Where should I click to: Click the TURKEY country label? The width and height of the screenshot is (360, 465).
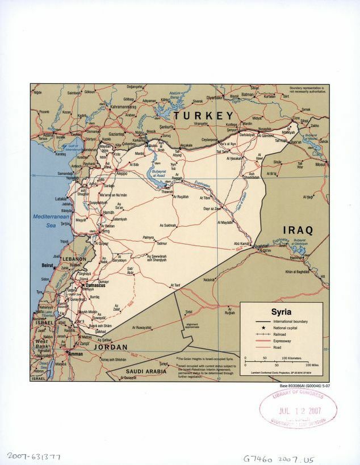tap(203, 116)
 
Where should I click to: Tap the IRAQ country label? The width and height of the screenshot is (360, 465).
tap(298, 230)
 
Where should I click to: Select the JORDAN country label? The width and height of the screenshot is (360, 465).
tap(110, 346)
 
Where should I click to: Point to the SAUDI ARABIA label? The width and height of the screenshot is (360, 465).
tap(147, 371)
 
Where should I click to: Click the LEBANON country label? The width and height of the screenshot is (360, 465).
tap(74, 259)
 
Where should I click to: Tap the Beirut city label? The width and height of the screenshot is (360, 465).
tap(47, 265)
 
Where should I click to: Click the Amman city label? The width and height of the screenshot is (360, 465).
tap(76, 353)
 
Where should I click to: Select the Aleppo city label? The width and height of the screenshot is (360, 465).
tap(122, 173)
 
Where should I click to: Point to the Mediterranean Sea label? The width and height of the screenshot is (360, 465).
tap(51, 221)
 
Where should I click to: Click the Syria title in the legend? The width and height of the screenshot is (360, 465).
tap(281, 312)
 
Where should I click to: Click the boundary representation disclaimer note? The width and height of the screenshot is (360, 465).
tap(307, 90)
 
